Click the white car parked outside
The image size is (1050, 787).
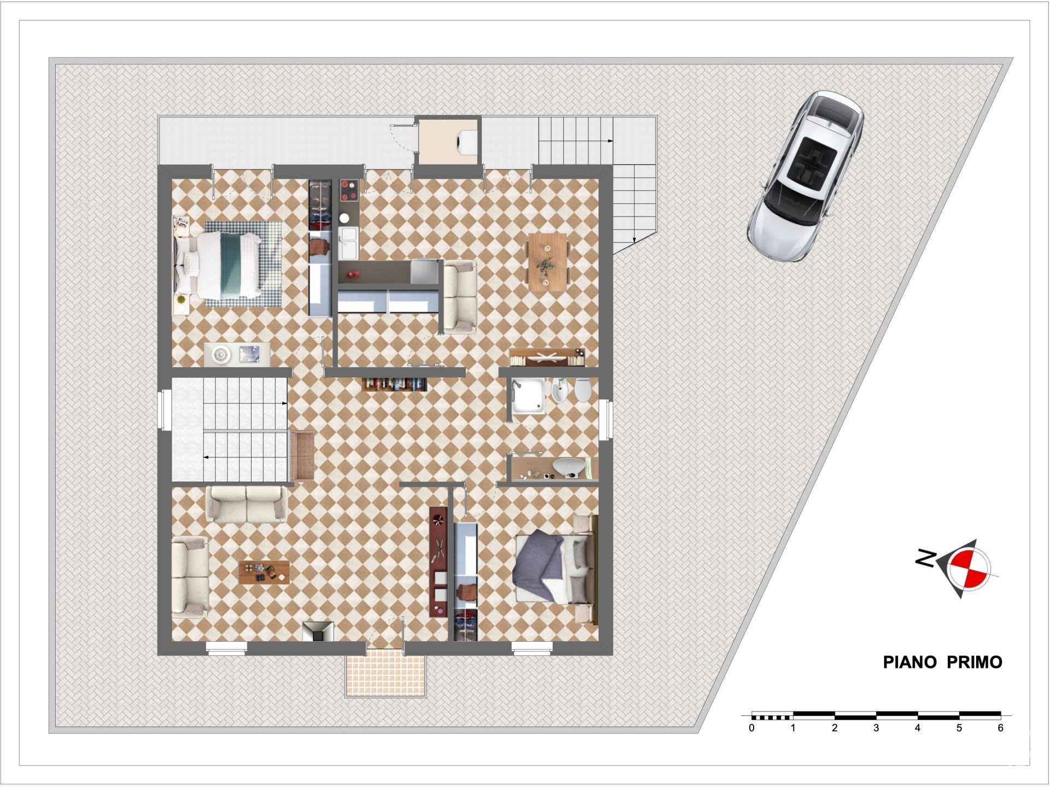click(x=805, y=176)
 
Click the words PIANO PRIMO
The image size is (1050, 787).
click(x=943, y=662)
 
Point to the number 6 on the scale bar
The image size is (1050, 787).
click(x=1001, y=728)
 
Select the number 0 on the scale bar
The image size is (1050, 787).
click(x=752, y=728)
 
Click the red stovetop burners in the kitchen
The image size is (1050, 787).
click(x=348, y=191)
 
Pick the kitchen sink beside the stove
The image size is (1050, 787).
click(x=348, y=243)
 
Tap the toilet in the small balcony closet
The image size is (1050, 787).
click(x=465, y=142)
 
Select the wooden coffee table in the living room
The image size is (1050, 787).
click(x=264, y=572)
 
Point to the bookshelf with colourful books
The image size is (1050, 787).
click(x=394, y=384)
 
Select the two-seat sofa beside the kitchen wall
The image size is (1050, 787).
click(x=459, y=297)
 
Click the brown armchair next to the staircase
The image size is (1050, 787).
click(x=302, y=456)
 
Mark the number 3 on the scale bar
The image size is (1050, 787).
click(x=876, y=728)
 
